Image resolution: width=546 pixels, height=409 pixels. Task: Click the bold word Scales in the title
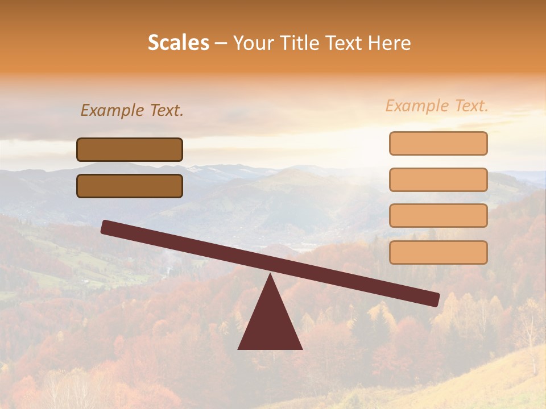178,43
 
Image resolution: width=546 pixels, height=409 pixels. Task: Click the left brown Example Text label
132,110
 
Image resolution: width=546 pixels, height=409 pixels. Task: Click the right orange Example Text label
437,106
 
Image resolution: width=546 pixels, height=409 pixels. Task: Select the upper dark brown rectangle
130,149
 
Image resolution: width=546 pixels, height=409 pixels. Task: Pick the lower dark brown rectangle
130,186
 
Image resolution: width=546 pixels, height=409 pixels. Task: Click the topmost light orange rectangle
438,143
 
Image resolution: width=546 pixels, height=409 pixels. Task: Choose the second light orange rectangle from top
438,180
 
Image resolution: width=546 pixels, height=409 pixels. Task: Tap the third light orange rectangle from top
438,216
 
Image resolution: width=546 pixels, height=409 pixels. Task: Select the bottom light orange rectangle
438,252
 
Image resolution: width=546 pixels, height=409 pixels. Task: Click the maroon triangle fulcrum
270,324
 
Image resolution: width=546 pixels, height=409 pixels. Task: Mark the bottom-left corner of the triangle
239,348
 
